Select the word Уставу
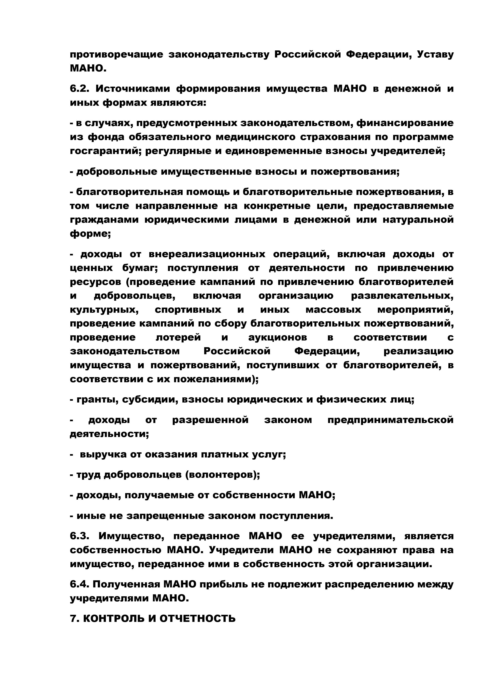click(435, 55)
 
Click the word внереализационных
click(207, 254)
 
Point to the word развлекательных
click(402, 296)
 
